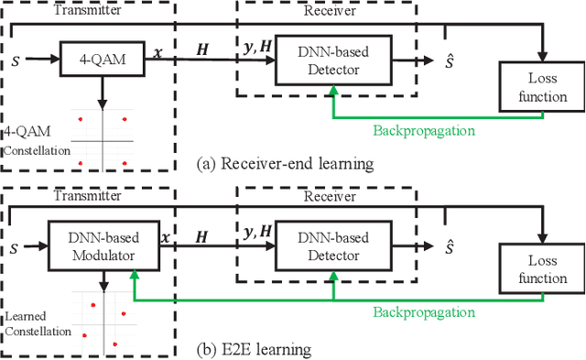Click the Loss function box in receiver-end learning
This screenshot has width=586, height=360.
click(542, 88)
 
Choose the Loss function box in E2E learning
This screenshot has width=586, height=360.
click(542, 269)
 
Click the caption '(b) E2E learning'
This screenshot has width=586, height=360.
click(247, 349)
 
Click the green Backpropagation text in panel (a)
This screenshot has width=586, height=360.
click(424, 130)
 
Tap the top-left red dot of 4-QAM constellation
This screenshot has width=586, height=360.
click(80, 119)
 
